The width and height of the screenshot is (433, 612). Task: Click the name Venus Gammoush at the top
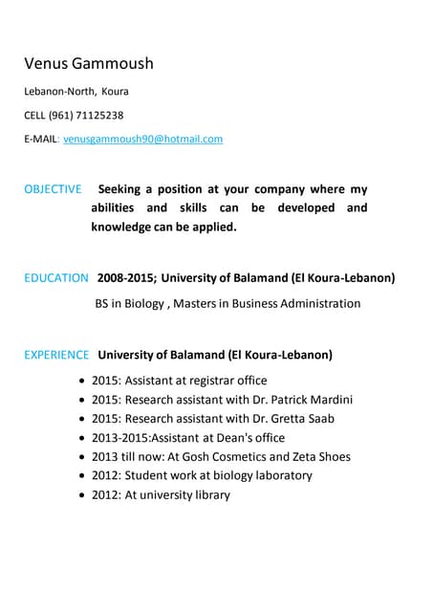[x=88, y=64]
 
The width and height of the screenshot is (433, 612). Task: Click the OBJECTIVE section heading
[x=53, y=189]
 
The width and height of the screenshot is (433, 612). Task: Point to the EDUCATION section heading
[x=56, y=278]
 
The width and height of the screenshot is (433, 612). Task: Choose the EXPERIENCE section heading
[x=56, y=355]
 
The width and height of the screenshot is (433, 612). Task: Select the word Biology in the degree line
[x=157, y=304]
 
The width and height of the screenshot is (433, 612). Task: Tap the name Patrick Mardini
[x=313, y=400]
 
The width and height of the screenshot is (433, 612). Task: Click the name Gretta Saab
[x=303, y=419]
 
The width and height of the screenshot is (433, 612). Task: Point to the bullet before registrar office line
[x=82, y=382]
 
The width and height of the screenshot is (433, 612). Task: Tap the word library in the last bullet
[x=209, y=494]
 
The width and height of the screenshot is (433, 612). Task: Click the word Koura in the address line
[x=115, y=92]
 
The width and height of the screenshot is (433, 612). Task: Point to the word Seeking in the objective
[x=124, y=189]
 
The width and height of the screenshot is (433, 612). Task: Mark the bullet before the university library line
[x=82, y=495]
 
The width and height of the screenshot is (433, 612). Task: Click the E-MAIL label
[x=41, y=139]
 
